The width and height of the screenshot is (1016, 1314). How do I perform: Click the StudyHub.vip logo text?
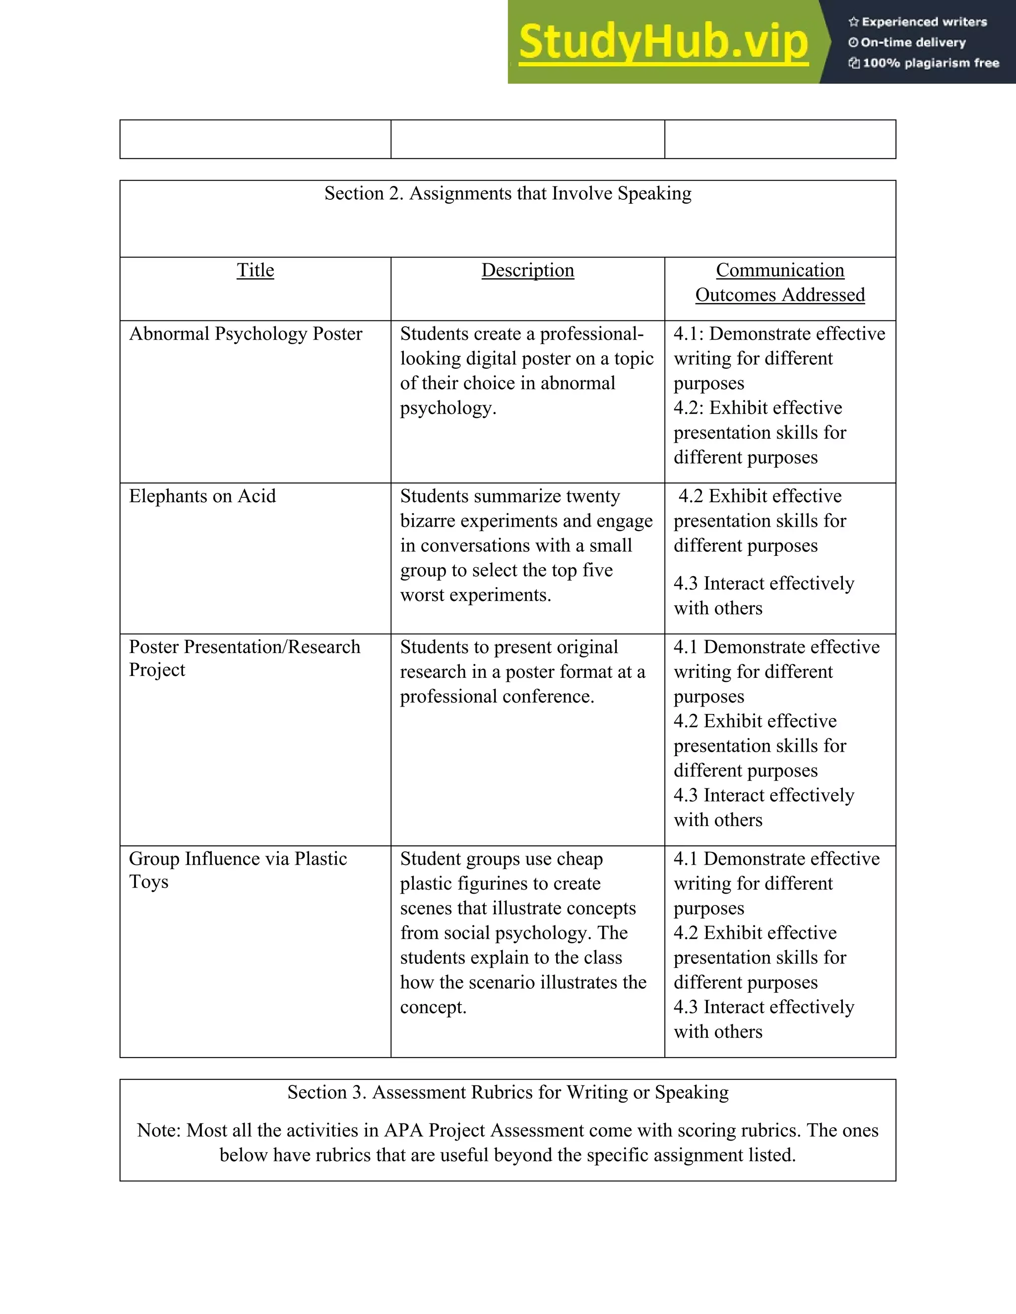pos(663,42)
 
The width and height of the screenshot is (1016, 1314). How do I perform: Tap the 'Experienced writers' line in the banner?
pos(924,22)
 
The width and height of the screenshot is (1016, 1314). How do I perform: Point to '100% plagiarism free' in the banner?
pos(930,62)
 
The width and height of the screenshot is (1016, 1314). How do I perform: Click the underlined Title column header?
pos(255,270)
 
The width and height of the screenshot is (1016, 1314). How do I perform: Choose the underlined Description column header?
pos(527,270)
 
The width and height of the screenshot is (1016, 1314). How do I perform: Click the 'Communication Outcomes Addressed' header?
pos(780,283)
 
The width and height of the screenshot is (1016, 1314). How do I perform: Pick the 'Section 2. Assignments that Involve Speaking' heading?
pos(508,193)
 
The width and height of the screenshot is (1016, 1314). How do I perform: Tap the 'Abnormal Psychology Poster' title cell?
pos(246,333)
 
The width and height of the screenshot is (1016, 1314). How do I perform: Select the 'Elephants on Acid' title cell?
pos(202,496)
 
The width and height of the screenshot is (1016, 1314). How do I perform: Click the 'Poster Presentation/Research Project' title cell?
pos(245,657)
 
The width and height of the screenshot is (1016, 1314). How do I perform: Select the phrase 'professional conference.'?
pos(497,696)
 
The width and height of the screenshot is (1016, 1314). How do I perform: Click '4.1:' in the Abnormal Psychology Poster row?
pos(689,333)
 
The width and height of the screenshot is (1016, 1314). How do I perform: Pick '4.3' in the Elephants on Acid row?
pos(686,583)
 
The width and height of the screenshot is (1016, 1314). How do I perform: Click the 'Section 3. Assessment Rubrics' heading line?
pos(508,1092)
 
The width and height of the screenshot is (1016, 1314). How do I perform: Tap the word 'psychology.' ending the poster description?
pos(448,408)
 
